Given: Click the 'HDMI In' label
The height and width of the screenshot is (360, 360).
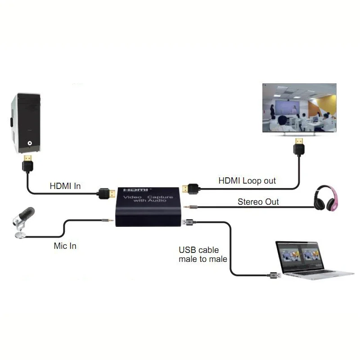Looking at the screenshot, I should tap(65, 185).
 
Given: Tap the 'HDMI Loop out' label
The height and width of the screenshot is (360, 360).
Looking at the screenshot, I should tap(247, 180).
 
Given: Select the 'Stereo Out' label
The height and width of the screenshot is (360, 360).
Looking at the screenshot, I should tap(258, 202).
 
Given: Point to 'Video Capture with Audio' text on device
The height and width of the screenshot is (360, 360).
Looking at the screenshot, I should tap(148, 199).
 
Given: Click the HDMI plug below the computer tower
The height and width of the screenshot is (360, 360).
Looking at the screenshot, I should tap(27, 163).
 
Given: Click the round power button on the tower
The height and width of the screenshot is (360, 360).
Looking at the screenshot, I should tap(30, 144).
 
